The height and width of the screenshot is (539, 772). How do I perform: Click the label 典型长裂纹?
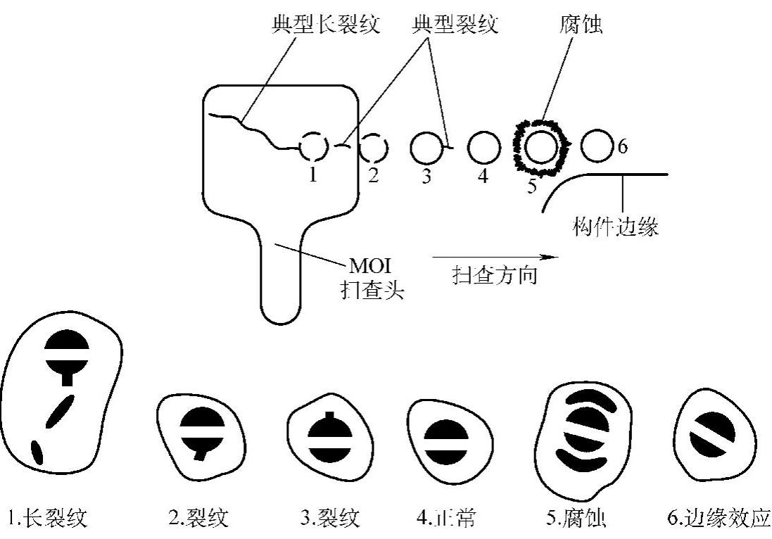tap(326, 26)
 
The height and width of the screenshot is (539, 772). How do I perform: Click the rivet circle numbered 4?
tap(483, 148)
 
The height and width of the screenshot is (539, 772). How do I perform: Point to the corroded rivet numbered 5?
tap(541, 147)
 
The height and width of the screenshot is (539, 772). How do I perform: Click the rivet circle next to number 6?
tap(597, 146)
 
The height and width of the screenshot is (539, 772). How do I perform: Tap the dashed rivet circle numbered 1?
tap(312, 147)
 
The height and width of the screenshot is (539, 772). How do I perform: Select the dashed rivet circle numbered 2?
tap(372, 148)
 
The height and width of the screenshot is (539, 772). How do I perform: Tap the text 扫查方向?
tap(495, 275)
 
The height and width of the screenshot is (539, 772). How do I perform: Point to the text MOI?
tap(369, 267)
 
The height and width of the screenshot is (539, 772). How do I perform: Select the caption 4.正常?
tap(445, 519)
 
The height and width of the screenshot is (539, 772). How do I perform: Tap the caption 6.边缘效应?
tap(718, 519)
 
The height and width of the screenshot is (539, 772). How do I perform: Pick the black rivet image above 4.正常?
tap(445, 441)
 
